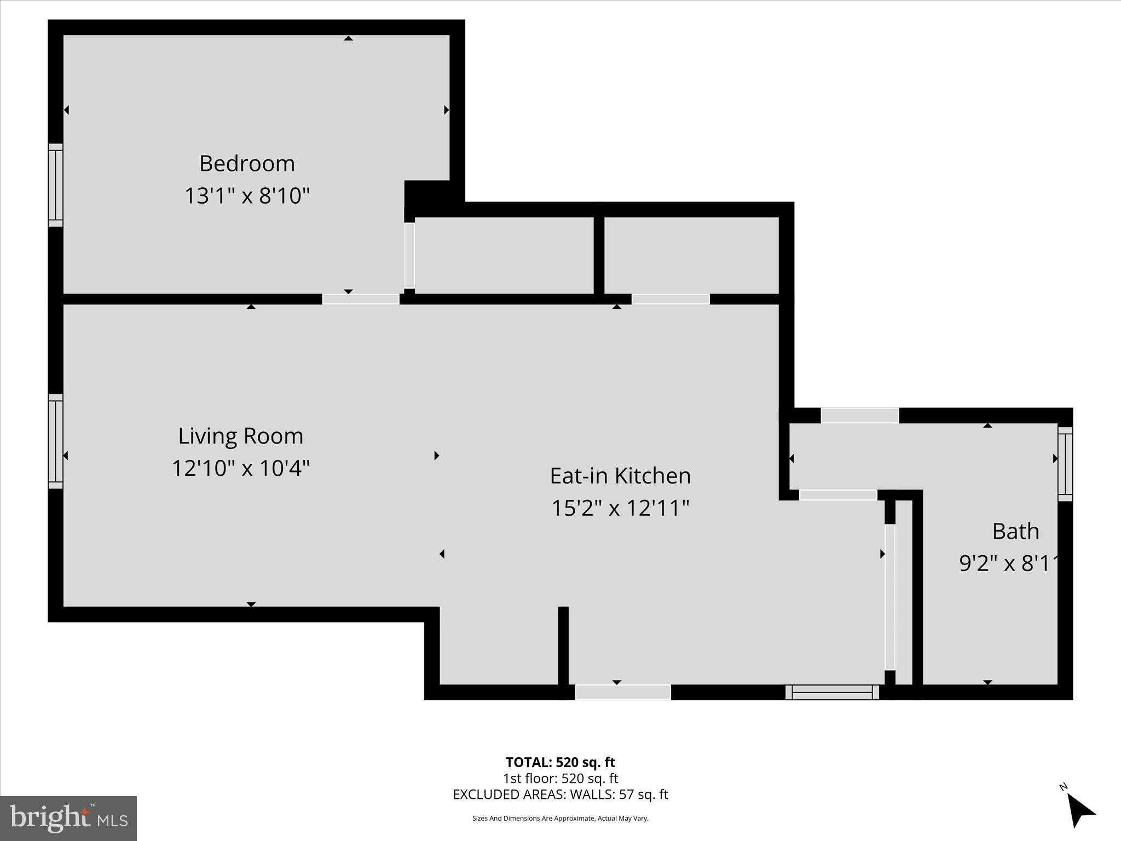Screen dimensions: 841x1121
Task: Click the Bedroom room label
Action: (x=247, y=164)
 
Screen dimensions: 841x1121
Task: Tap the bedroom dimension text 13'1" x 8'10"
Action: (x=247, y=195)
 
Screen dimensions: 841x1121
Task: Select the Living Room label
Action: (x=241, y=436)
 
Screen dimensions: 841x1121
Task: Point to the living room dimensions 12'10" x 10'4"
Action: (x=241, y=468)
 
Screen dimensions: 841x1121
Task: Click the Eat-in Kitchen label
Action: (x=620, y=475)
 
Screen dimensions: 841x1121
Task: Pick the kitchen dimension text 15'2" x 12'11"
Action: (x=620, y=508)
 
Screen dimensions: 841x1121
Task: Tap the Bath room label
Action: (x=1015, y=531)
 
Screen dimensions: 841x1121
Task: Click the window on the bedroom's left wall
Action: (x=55, y=185)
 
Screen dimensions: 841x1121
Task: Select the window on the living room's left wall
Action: (x=55, y=441)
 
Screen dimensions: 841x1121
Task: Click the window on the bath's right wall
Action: (x=1065, y=464)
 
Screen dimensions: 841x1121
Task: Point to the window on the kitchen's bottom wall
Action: (x=832, y=693)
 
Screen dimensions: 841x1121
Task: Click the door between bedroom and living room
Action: (x=361, y=299)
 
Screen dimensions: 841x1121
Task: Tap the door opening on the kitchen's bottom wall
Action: (x=623, y=693)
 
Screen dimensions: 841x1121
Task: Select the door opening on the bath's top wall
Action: (x=860, y=416)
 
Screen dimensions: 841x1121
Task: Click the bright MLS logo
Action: (x=68, y=818)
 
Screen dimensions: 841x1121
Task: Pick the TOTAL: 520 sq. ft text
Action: (x=560, y=762)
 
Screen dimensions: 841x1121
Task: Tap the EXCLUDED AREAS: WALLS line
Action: (x=560, y=794)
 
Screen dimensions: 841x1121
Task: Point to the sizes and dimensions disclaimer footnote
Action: (x=560, y=819)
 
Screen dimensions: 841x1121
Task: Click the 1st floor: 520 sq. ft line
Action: (x=560, y=778)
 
